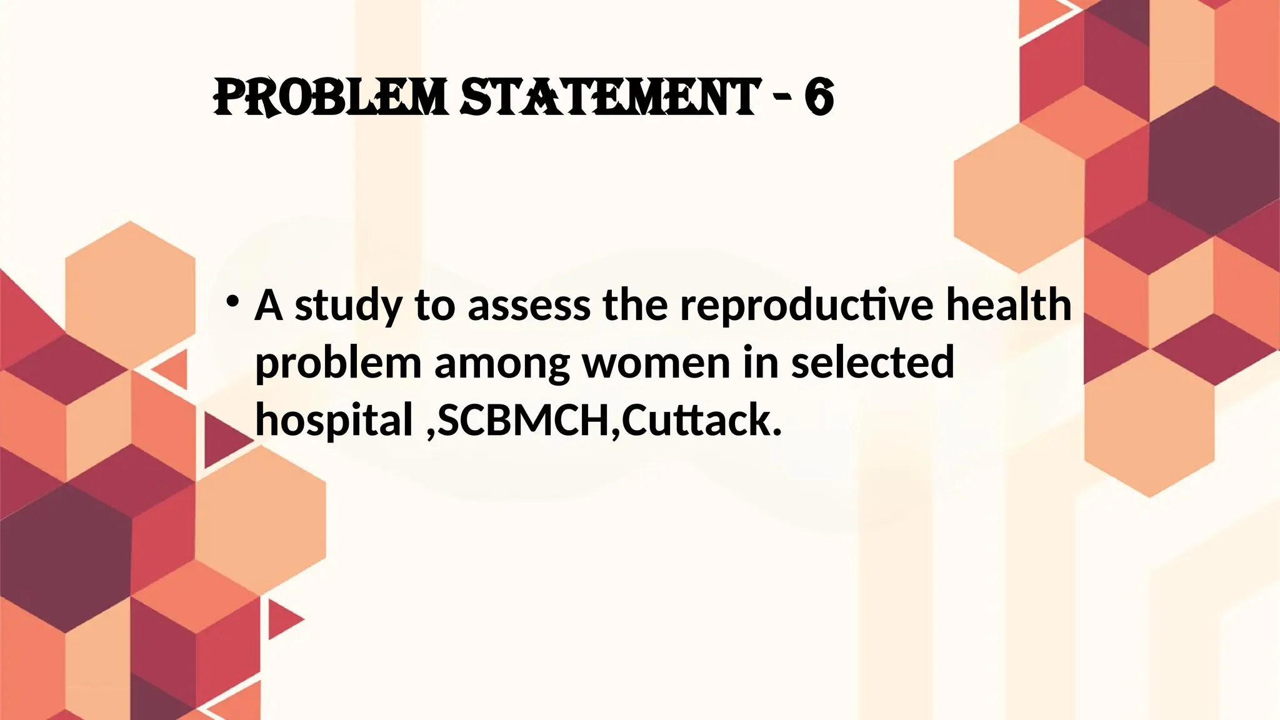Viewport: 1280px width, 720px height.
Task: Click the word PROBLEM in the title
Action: pyautogui.click(x=330, y=98)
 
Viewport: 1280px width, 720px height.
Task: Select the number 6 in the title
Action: pyautogui.click(x=819, y=98)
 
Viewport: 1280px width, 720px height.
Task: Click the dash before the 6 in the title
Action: pyautogui.click(x=782, y=100)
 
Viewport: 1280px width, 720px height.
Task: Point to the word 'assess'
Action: pyautogui.click(x=529, y=306)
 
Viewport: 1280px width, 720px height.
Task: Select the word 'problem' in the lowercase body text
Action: pyautogui.click(x=338, y=364)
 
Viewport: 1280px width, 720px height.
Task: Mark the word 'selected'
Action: pyautogui.click(x=872, y=363)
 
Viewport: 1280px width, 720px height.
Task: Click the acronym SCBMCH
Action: pyautogui.click(x=523, y=421)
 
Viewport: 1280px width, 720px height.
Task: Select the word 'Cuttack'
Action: pyautogui.click(x=701, y=421)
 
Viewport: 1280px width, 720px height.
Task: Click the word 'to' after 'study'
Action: pyautogui.click(x=434, y=306)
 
